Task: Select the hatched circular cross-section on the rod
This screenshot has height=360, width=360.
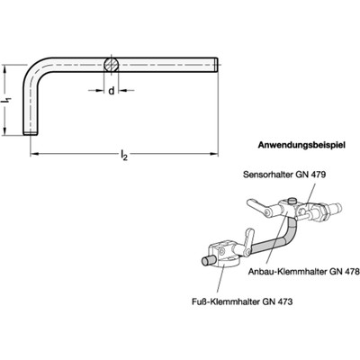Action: (x=110, y=65)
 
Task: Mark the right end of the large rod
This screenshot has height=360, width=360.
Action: (x=216, y=64)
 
